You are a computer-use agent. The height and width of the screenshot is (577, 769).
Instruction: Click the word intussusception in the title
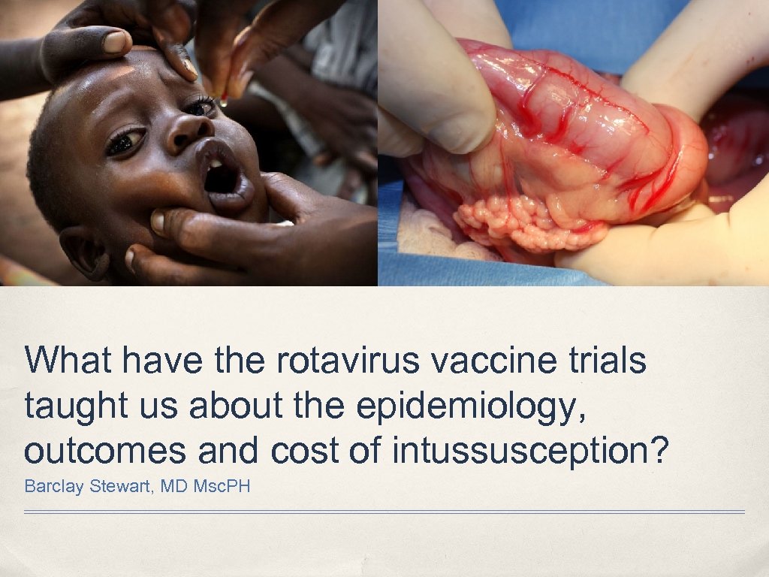pos(530,451)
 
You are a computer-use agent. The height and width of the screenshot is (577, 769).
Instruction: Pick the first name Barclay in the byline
pos(54,486)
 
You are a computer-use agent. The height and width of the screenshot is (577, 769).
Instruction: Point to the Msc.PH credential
pos(222,486)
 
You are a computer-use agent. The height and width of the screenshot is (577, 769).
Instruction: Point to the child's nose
pos(187,134)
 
